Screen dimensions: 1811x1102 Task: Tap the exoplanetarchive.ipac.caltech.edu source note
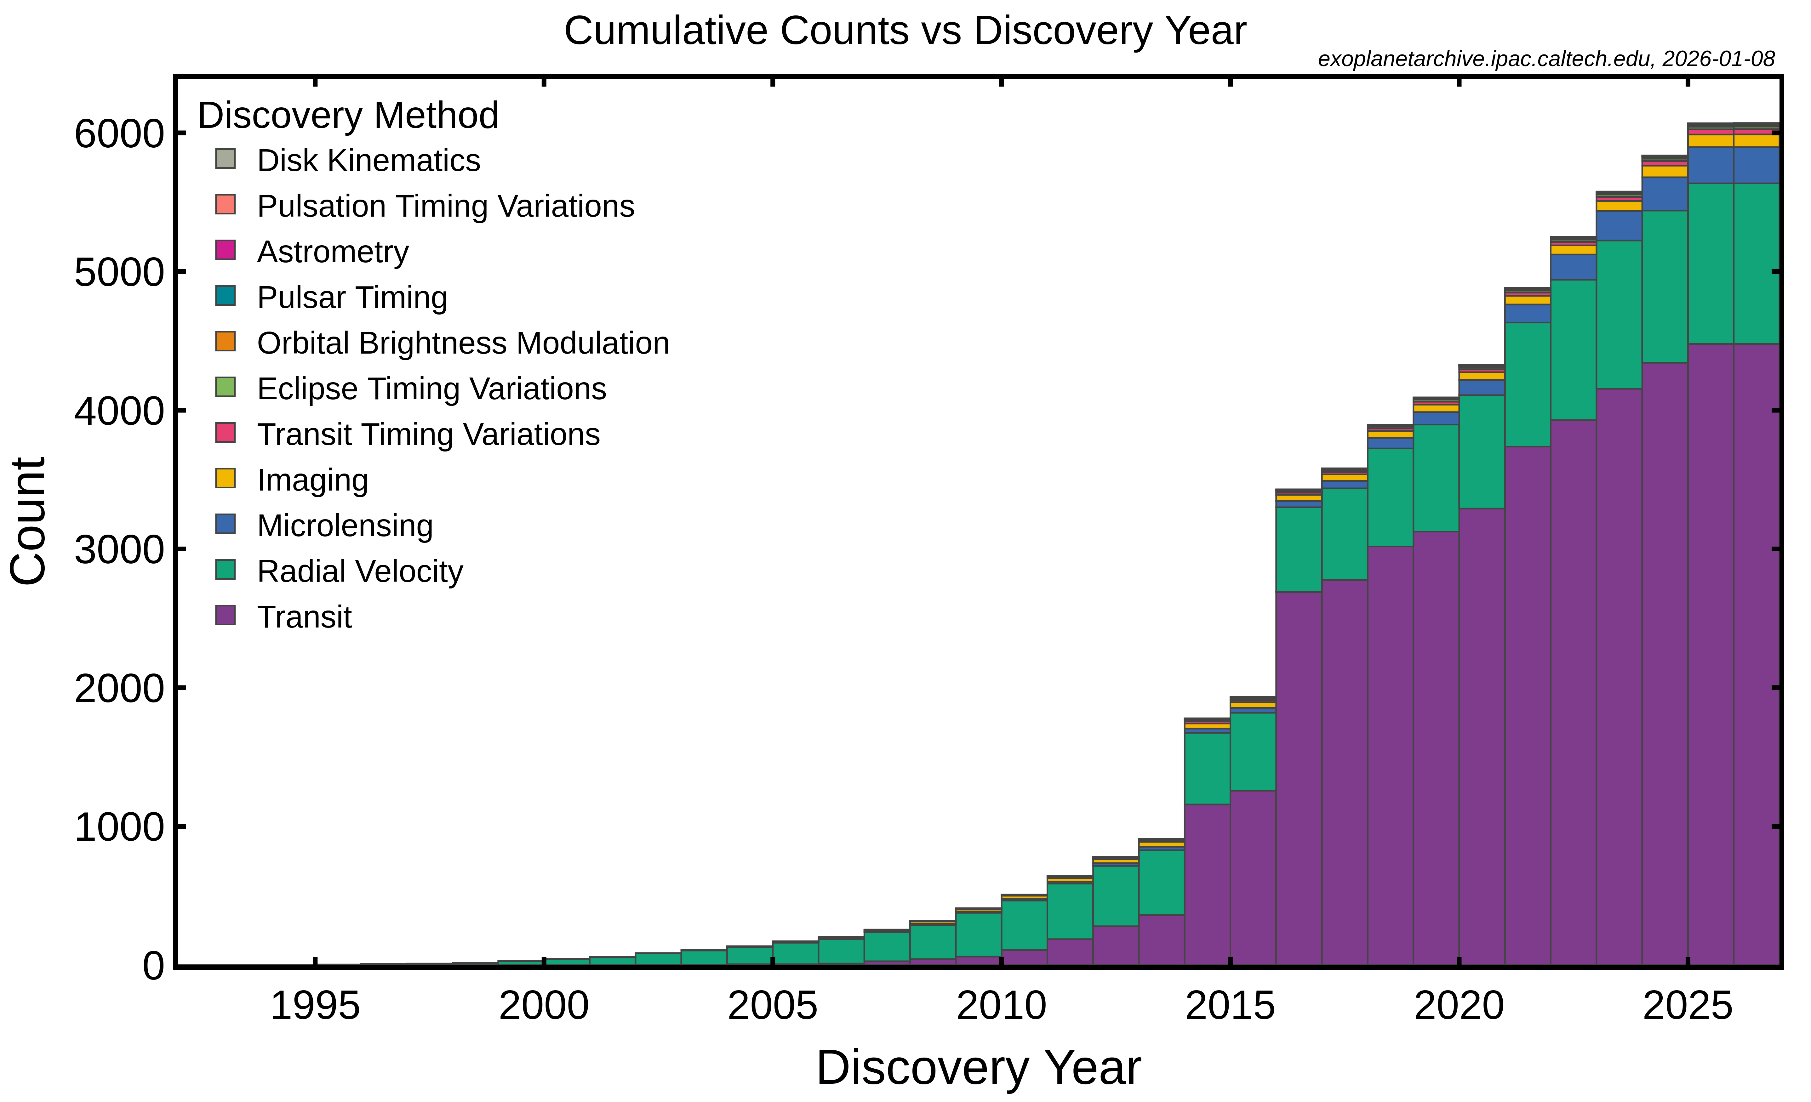(x=1546, y=59)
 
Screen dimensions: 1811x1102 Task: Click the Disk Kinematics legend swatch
(x=226, y=159)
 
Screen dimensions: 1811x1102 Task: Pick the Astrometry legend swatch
(x=226, y=250)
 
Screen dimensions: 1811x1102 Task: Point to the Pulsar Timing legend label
(x=352, y=298)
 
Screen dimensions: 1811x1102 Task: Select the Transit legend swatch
(x=226, y=615)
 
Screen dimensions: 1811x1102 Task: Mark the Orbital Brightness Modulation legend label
(x=463, y=343)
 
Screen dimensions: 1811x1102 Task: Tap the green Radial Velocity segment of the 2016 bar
(x=1299, y=549)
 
